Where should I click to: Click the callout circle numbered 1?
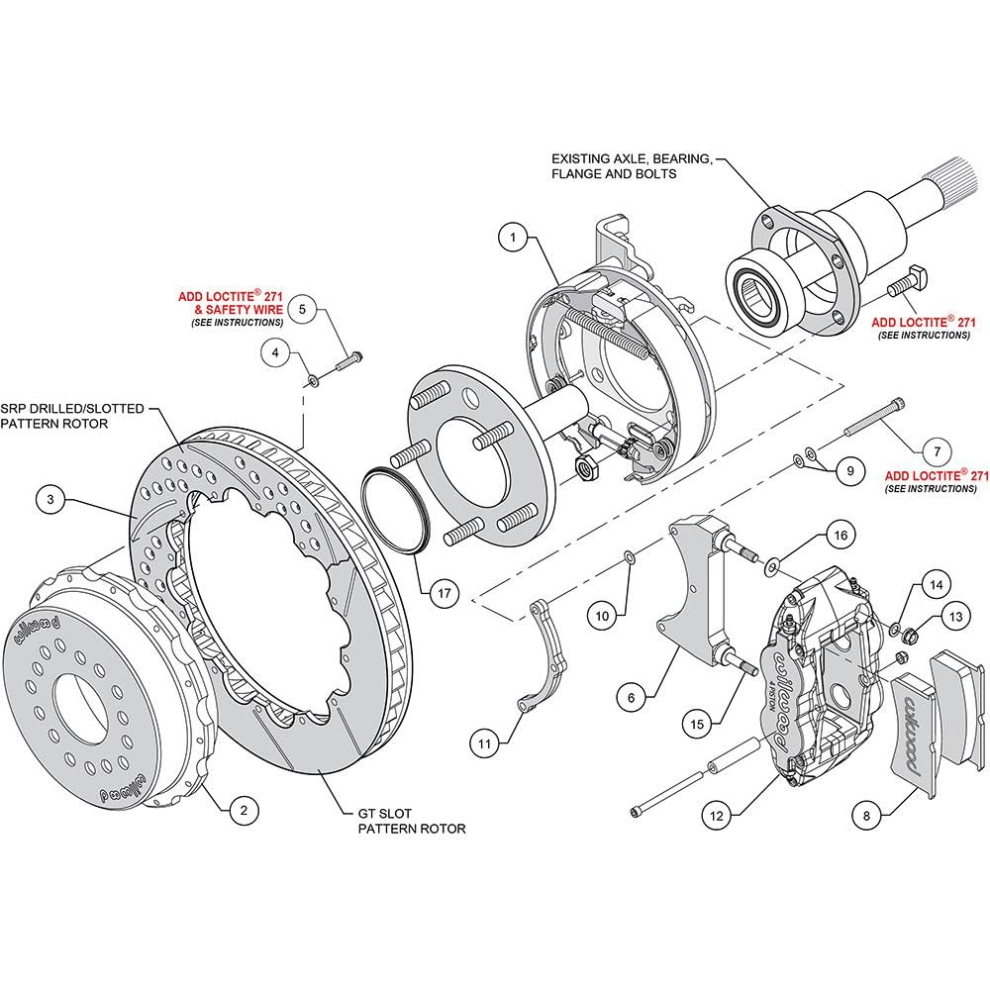pos(513,238)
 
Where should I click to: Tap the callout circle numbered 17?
pos(445,593)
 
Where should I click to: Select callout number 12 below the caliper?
pos(717,816)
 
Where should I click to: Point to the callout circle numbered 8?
pos(866,816)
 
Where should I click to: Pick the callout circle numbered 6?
pos(632,698)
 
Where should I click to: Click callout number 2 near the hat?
pos(245,810)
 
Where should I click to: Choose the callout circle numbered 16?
pos(841,536)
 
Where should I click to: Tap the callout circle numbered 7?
pos(937,451)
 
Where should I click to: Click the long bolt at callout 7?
pos(874,417)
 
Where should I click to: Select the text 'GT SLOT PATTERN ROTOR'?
pos(412,822)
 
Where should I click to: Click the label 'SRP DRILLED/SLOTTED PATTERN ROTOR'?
pos(72,416)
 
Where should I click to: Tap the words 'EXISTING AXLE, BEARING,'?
pos(632,159)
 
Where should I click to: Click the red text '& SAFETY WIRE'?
pos(239,309)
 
